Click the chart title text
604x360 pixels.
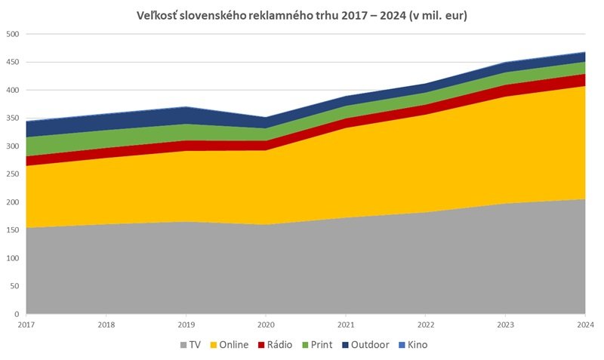302,15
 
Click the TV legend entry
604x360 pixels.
190,345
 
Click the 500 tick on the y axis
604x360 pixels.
13,34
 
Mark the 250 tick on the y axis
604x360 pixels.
13,174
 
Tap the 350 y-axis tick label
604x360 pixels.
13,118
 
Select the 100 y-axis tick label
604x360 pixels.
13,258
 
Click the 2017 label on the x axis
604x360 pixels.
26,325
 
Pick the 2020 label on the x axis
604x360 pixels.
266,325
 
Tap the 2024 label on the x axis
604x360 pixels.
584,325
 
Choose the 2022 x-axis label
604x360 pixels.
425,325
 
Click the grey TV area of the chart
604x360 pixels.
302,272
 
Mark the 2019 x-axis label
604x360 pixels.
186,325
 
